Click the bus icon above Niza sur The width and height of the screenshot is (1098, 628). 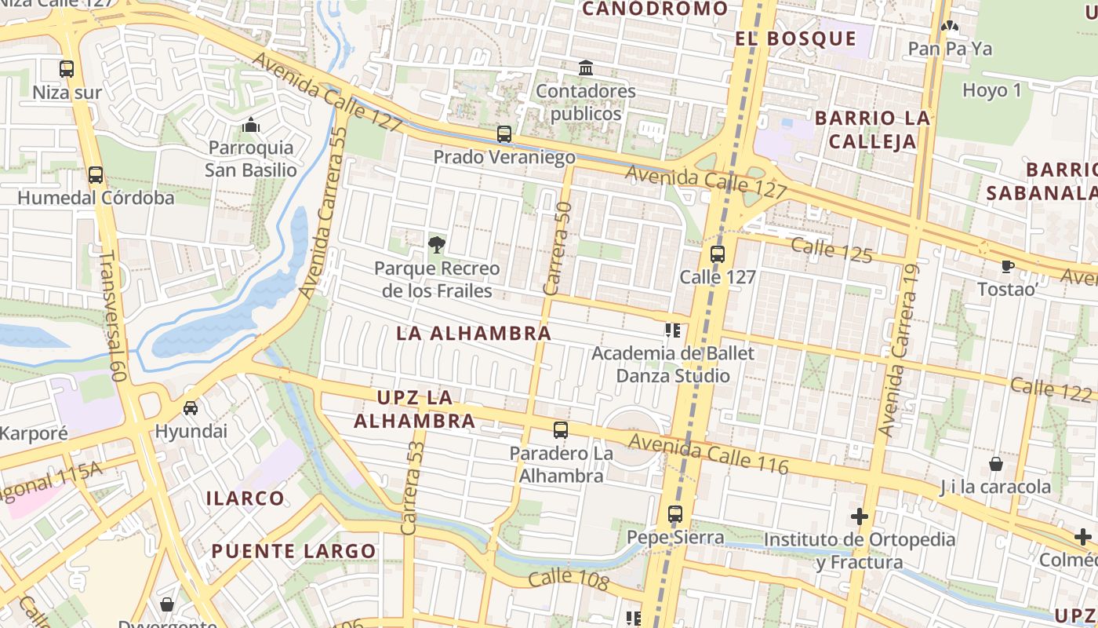coord(67,69)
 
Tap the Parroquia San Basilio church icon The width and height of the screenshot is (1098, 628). coord(251,125)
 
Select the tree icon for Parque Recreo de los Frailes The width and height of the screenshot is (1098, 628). coord(437,244)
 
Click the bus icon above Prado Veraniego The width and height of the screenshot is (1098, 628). coord(504,134)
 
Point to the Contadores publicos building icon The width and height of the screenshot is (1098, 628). coord(586,68)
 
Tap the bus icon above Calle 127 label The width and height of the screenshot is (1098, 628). coord(718,254)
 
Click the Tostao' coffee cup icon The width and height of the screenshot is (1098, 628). coord(1008,267)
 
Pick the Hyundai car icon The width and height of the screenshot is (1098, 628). coord(191,408)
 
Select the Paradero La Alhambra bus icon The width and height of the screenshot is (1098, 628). coord(560,430)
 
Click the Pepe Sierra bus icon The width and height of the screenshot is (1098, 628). coord(675,515)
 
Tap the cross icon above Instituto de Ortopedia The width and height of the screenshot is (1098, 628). coord(860,517)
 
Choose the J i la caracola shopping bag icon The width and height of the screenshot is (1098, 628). coord(996,464)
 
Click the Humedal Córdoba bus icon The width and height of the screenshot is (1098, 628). coord(96,175)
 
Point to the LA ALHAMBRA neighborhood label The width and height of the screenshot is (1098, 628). coord(474,333)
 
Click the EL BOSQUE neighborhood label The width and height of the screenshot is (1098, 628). coord(796,38)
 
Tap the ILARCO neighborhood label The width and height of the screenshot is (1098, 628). coord(245,498)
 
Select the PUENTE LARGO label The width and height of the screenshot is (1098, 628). coord(294,550)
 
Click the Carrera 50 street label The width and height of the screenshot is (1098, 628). coord(558,248)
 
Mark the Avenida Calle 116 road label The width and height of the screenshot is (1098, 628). coord(708,454)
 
